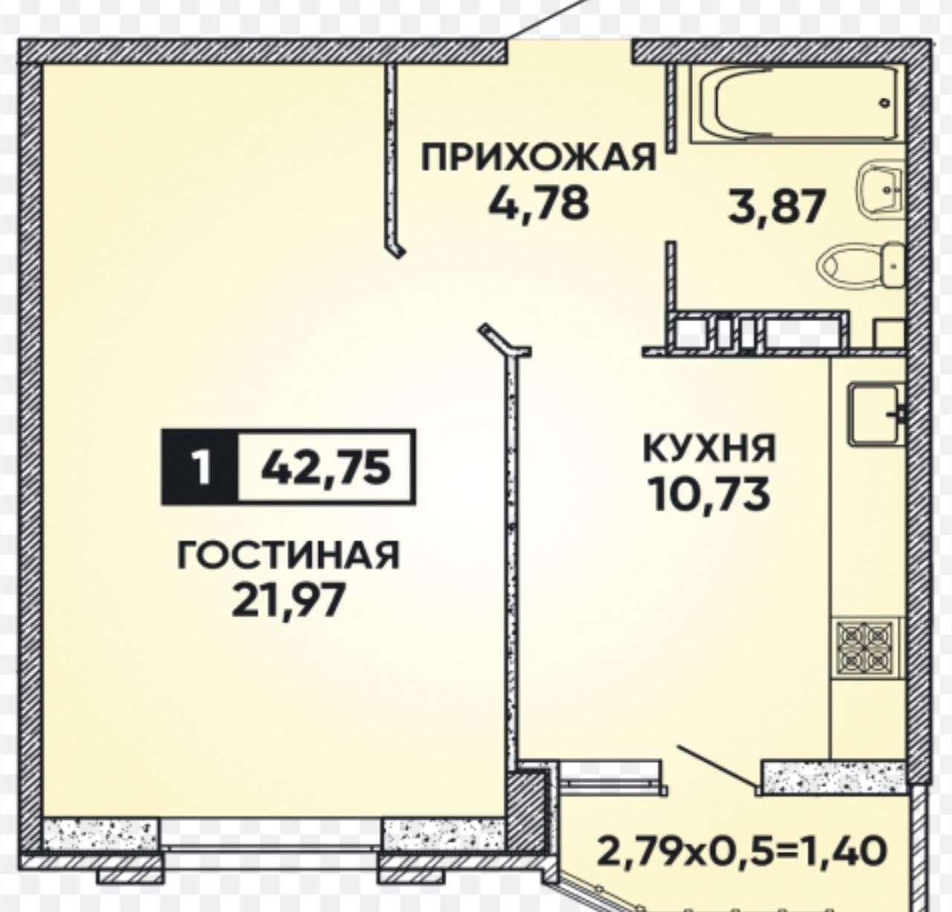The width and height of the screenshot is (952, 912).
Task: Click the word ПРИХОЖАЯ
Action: (x=538, y=158)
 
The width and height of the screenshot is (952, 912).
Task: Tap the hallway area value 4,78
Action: (x=538, y=204)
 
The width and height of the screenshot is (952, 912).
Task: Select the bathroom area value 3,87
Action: (x=777, y=208)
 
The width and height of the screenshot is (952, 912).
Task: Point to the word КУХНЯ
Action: (x=710, y=448)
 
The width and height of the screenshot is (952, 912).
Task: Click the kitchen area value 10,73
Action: (x=709, y=494)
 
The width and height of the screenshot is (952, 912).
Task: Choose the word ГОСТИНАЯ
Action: (x=288, y=556)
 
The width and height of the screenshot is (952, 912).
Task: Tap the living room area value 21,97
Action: (x=288, y=600)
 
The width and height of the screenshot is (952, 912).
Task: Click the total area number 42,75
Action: (x=326, y=467)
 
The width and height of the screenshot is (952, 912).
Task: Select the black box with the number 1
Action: (x=200, y=466)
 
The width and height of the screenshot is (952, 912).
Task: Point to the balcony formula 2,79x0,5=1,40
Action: (x=742, y=850)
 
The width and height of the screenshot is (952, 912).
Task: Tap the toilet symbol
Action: (x=861, y=266)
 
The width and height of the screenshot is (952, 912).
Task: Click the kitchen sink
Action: (x=876, y=414)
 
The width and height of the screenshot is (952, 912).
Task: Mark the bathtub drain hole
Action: (x=884, y=103)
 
